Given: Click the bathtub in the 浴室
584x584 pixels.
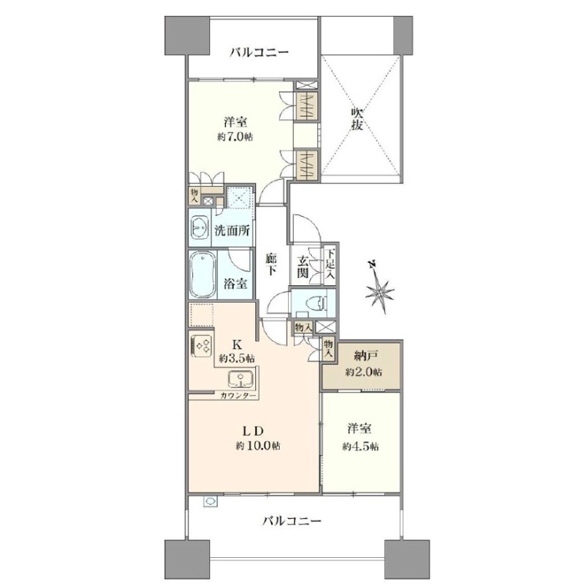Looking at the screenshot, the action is [203, 274].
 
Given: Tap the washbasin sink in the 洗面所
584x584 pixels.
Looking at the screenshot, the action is [200, 227].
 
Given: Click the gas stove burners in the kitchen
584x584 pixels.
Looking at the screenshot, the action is [201, 346].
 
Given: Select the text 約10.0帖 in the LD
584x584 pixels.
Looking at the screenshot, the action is [257, 446].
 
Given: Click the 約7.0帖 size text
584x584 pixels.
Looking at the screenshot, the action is [234, 137].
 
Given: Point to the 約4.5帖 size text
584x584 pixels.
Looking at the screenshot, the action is [360, 446].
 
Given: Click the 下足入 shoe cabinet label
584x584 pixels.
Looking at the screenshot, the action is [330, 264].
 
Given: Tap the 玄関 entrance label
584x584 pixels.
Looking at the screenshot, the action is [303, 267].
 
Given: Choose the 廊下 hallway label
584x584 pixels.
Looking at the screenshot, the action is [271, 264].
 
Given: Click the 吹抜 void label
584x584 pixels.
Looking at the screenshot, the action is [357, 118].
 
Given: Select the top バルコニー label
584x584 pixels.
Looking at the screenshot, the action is [258, 51].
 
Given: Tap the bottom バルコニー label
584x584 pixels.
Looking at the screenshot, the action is [292, 520].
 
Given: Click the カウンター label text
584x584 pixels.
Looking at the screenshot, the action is [237, 396].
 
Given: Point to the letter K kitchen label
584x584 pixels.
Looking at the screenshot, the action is [237, 343].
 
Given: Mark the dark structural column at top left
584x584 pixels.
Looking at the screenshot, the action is [187, 36].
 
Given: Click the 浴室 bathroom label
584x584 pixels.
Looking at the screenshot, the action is [235, 284].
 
